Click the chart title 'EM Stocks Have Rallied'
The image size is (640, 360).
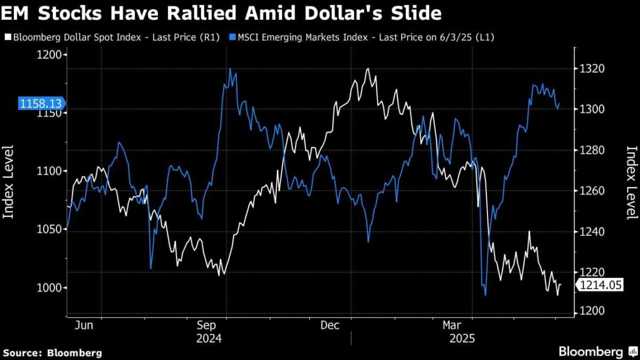223,13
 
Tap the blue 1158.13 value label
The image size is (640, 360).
37,104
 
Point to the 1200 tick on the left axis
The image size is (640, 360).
50,55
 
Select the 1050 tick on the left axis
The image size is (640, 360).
50,230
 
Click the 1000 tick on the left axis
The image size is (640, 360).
50,288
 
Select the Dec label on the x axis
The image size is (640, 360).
330,325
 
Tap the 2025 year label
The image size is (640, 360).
462,338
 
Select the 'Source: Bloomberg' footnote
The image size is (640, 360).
52,353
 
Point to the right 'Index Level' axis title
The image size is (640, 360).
630,183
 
